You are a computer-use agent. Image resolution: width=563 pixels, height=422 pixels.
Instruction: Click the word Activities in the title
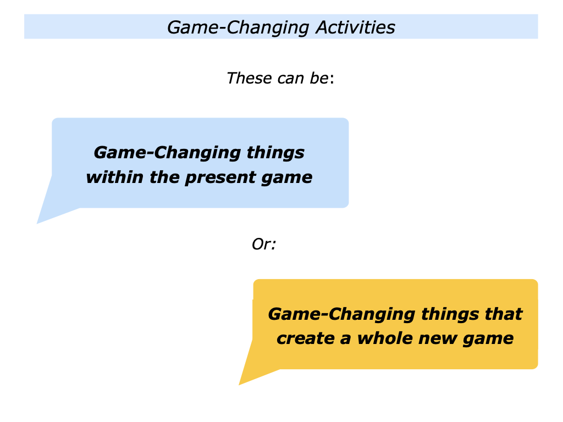point(355,27)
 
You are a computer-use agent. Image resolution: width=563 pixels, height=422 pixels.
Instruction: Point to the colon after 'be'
point(333,79)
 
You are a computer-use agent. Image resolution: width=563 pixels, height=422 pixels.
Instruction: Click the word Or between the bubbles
point(263,244)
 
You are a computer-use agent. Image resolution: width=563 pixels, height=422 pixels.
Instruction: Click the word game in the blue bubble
point(289,179)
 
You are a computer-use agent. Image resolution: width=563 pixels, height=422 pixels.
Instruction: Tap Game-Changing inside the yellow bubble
point(341,314)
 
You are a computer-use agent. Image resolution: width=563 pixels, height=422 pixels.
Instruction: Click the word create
point(305,338)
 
